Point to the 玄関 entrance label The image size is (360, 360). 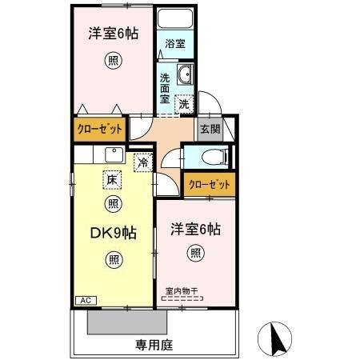(x=210, y=129)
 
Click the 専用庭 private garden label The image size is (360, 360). (x=154, y=345)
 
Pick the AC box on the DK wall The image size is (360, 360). (x=85, y=300)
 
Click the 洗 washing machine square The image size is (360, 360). (x=184, y=103)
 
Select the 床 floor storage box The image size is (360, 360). (x=112, y=181)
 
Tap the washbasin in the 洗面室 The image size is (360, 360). (x=185, y=75)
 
